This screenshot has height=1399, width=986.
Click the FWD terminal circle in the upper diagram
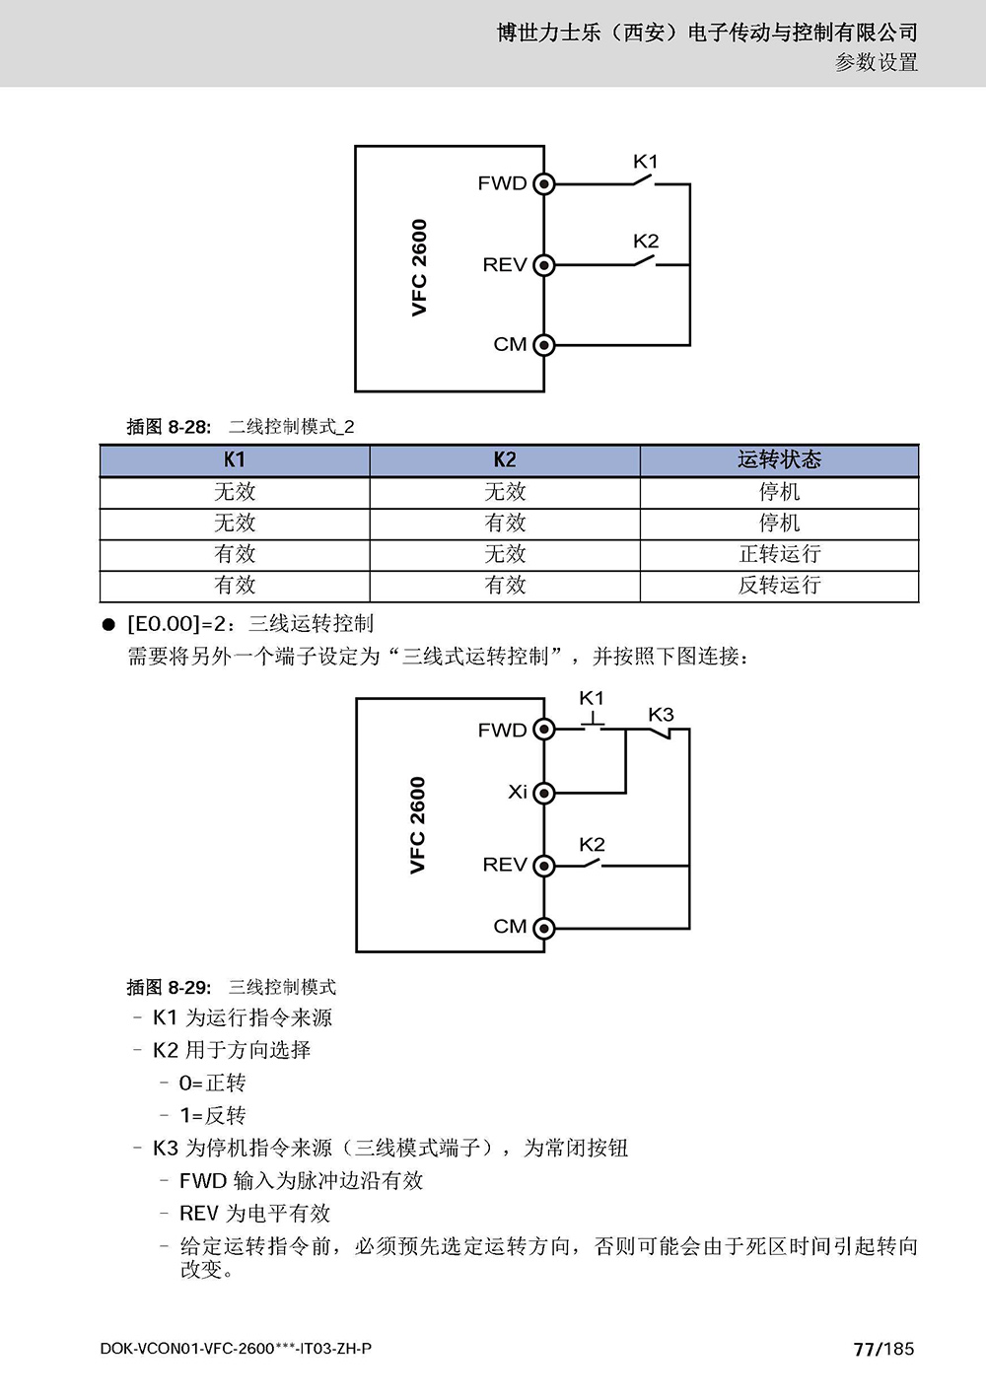pos(544,184)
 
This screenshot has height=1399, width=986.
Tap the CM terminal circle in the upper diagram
pos(544,345)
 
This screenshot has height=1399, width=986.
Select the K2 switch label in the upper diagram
pos(646,242)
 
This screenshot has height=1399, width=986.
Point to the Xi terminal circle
pos(544,794)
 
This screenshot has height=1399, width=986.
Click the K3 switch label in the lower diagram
pos(661,715)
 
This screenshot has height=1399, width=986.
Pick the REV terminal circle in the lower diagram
pos(544,866)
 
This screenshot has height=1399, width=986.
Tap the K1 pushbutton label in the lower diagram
pos(592,698)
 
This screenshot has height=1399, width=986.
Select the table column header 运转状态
pos(779,460)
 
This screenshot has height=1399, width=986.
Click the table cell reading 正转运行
pos(779,554)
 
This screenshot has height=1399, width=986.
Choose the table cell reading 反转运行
pos(779,586)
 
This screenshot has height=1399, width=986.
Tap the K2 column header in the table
pos(505,460)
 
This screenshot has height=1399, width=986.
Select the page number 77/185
pos(883,1349)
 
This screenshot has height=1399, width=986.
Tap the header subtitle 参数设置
pos(877,62)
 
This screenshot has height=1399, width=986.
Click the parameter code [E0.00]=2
pos(176,624)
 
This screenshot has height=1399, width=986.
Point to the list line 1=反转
pos(212,1115)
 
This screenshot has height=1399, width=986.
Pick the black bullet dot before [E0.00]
pos(108,624)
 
